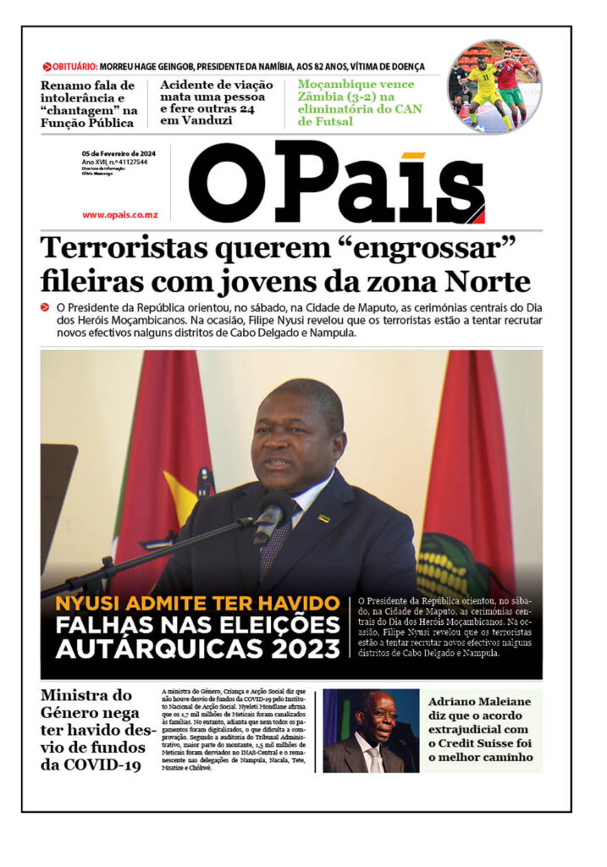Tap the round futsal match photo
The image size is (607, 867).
[x=494, y=86]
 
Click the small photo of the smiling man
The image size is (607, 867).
[x=371, y=731]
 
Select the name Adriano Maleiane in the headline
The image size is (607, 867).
[x=479, y=702]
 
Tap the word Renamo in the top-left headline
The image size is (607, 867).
[x=69, y=85]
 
